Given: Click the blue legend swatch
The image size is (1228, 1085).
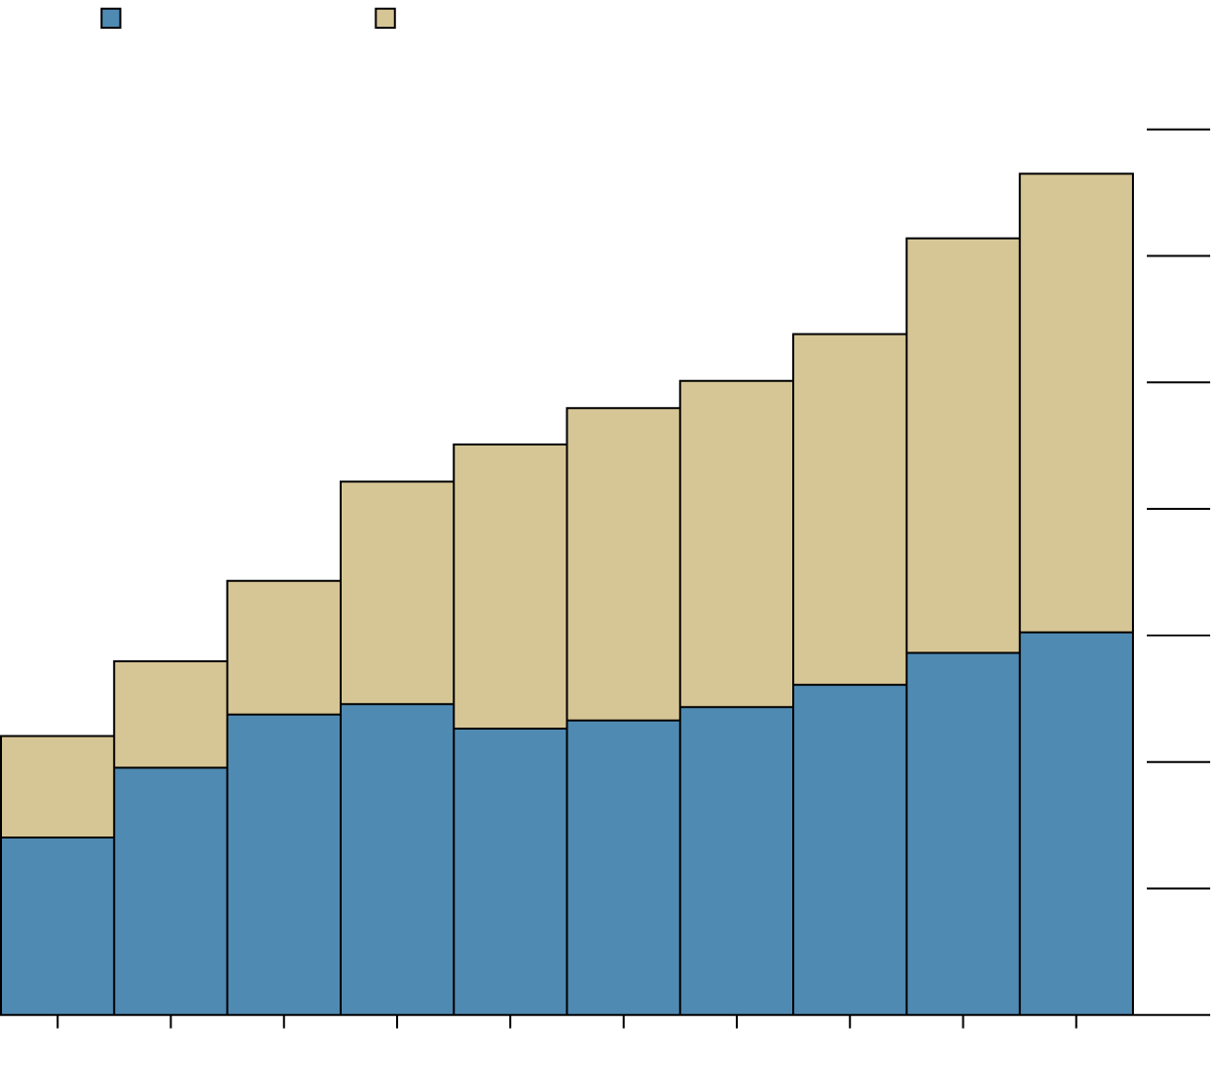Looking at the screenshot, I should click(111, 18).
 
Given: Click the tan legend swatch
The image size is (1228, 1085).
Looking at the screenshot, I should click(385, 18).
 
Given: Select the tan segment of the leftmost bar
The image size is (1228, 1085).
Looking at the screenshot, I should click(57, 787).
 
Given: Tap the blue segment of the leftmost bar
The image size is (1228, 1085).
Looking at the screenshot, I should click(57, 926).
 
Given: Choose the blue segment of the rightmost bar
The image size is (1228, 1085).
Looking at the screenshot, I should click(1075, 823).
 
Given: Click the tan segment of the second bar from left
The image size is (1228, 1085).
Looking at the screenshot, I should click(170, 714).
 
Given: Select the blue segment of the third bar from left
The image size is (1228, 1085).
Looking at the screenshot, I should click(284, 864).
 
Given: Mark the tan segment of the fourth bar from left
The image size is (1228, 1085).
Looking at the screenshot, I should click(397, 592).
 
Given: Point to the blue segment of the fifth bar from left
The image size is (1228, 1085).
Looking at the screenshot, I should click(510, 871).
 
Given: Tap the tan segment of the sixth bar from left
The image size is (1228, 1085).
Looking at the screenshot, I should click(623, 563).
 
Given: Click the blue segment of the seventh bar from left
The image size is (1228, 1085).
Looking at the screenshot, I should click(736, 860).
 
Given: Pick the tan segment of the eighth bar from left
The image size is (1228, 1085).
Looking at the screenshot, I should click(849, 509).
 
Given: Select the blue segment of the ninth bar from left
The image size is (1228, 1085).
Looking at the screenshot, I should click(963, 834).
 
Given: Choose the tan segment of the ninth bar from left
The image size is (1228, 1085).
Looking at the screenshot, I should click(963, 444).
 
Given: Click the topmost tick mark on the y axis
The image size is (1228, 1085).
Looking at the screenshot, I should click(1178, 130).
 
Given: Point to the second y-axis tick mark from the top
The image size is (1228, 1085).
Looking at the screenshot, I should click(1178, 256).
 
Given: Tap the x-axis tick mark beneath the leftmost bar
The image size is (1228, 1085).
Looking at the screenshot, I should click(57, 1022).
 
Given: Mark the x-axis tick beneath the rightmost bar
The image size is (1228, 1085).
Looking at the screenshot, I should click(1075, 1022).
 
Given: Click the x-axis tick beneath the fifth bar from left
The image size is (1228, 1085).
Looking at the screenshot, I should click(510, 1022).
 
